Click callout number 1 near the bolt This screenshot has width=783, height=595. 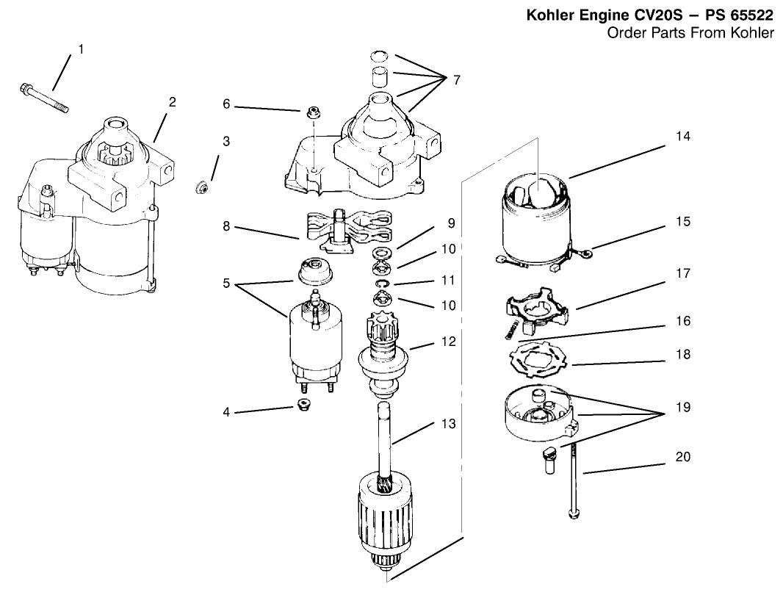(81, 49)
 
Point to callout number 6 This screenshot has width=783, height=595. (227, 104)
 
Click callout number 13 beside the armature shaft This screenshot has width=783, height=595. (448, 424)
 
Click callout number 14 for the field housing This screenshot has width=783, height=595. (684, 136)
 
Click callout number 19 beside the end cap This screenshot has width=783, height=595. (684, 406)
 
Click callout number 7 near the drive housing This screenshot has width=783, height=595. (456, 79)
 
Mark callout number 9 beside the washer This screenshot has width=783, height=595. (450, 222)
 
